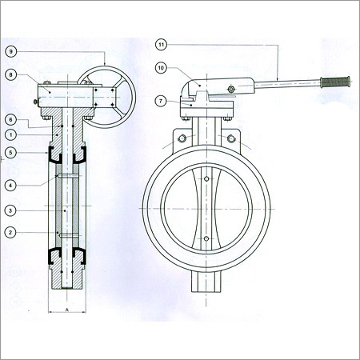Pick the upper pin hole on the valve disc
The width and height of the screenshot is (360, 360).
[x=208, y=178]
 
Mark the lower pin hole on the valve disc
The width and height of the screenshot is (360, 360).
[x=208, y=238]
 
